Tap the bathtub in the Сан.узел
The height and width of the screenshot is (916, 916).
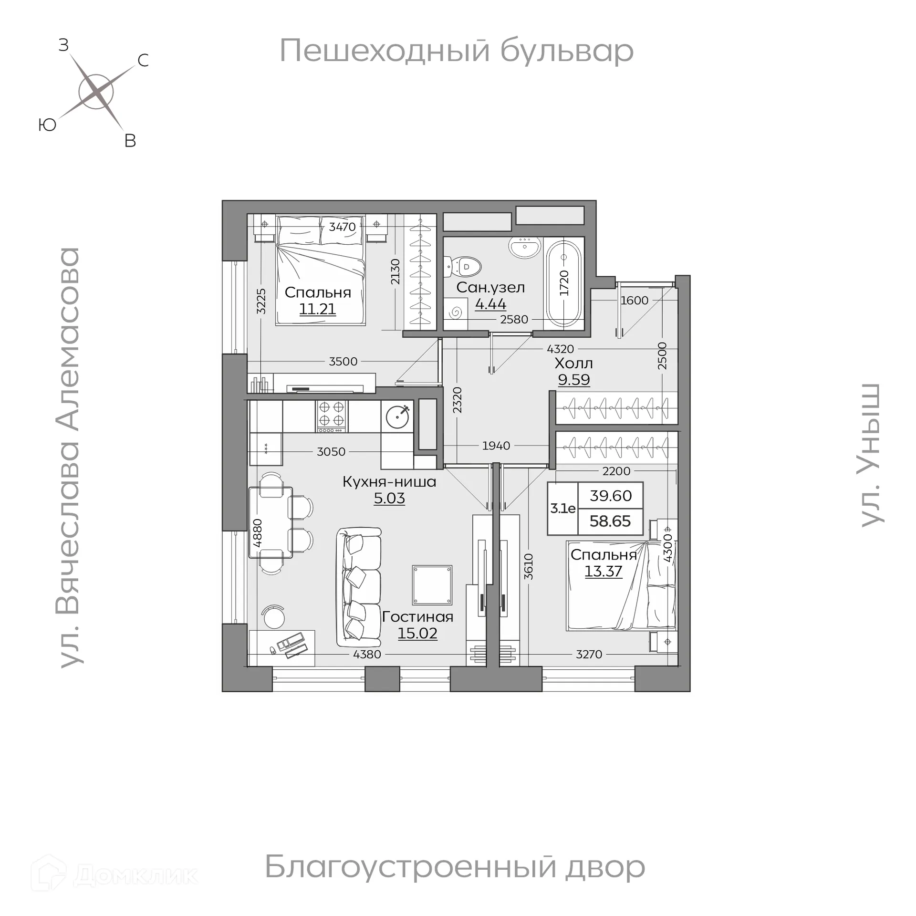[564, 284]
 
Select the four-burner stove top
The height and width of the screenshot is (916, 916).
[332, 414]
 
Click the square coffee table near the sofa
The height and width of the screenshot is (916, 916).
[432, 585]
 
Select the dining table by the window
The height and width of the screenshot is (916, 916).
[271, 522]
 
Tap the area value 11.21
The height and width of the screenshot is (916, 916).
[318, 309]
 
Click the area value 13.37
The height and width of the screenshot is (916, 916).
[604, 571]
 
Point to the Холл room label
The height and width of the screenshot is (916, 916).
[574, 364]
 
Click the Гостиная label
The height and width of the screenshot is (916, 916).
[417, 617]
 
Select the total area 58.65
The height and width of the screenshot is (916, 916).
[610, 521]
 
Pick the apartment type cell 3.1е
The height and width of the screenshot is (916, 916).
[563, 509]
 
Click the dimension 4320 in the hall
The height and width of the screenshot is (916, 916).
[560, 349]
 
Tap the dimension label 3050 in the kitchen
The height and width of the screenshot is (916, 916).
[331, 451]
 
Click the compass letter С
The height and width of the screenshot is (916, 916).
[143, 61]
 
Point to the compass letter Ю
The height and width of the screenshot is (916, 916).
[48, 125]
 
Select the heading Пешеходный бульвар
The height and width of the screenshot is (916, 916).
[457, 51]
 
